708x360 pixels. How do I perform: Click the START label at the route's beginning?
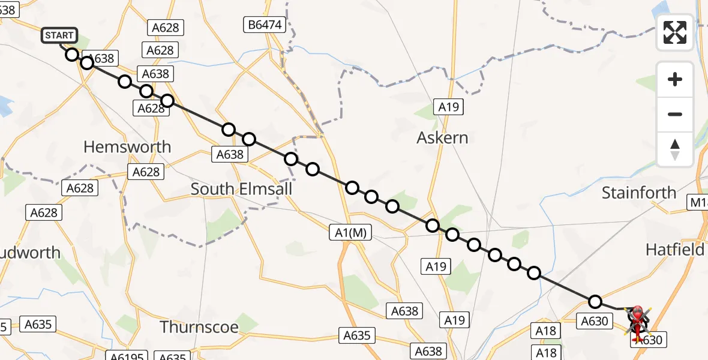59,35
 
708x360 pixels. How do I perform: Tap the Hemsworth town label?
127,147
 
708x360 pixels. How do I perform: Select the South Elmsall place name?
241,189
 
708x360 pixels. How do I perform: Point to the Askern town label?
442,138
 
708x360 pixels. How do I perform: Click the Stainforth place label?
638,193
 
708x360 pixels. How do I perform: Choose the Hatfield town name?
675,250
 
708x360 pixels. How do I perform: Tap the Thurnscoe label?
199,327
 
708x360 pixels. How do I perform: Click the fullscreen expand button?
675,32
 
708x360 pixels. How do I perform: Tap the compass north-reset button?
675,149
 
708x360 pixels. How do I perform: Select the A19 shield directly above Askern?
448,107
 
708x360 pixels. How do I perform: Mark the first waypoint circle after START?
72,55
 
